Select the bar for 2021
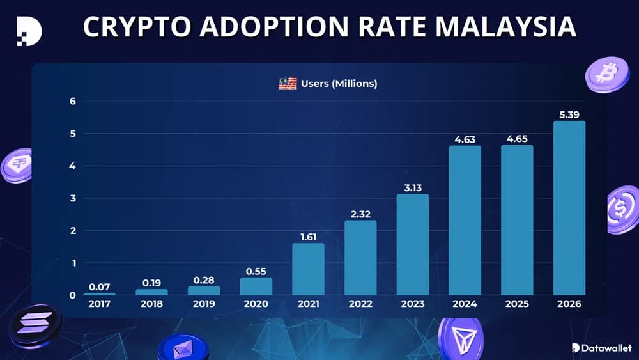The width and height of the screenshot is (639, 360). (309, 269)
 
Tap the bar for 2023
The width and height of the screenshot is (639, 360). (413, 244)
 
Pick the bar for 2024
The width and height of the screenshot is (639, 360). (465, 220)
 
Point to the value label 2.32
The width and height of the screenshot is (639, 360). (360, 214)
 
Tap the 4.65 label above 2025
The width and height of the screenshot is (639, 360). (517, 138)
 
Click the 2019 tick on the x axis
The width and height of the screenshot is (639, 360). (204, 304)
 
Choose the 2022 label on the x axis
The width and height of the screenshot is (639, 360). (360, 304)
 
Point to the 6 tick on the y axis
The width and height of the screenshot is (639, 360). (73, 101)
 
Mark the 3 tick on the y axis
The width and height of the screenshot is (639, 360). (73, 198)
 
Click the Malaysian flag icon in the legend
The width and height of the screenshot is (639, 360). (288, 84)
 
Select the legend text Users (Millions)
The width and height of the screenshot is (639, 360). (339, 84)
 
